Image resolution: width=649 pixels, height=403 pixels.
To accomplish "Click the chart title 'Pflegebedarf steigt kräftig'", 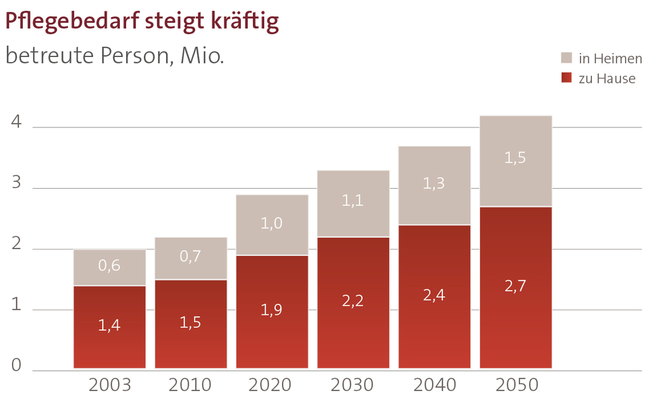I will tap(142, 22).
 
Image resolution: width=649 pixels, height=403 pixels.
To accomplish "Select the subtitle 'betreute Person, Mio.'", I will tap(114, 56).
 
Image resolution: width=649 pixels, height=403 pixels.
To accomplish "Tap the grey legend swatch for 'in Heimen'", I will tap(567, 58).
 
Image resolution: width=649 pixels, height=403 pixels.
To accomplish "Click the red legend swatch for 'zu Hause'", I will tap(567, 78).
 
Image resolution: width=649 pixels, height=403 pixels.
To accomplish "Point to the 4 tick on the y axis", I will tap(17, 123).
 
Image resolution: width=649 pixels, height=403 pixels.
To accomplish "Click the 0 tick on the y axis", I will tap(17, 366).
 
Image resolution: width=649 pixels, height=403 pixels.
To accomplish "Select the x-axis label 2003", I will tap(110, 385).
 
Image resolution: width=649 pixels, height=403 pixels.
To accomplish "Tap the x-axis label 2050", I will tap(516, 385).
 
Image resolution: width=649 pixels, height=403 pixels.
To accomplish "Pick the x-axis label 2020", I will tap(272, 385).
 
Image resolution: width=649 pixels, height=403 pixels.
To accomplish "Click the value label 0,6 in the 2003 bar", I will tap(109, 266).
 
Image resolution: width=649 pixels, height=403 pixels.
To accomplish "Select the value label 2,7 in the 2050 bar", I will tap(515, 286).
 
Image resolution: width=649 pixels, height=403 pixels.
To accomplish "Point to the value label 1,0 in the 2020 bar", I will tap(272, 223).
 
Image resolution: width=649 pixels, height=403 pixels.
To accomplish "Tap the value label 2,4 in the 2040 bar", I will tap(434, 295).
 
